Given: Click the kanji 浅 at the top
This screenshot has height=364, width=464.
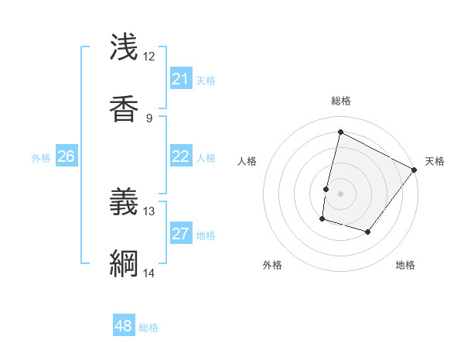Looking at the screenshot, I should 124,47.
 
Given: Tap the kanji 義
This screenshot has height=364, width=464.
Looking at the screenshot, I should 124,201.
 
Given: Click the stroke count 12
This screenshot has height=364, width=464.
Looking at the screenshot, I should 148,57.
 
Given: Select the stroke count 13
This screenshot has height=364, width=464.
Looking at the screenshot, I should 148,211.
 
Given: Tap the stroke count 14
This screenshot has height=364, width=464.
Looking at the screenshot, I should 148,273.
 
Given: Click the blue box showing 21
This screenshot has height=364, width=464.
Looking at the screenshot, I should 180,79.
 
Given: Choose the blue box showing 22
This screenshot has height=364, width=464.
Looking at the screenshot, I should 180,156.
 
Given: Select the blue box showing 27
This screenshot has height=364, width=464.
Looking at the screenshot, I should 180,234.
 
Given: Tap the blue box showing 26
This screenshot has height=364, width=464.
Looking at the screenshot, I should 66,156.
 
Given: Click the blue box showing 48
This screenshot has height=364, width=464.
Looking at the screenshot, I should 124,326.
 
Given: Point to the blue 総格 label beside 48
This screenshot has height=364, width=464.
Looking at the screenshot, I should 148,328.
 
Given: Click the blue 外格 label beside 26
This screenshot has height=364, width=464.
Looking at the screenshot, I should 41,158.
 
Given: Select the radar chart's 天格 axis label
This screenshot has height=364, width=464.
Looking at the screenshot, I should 435,161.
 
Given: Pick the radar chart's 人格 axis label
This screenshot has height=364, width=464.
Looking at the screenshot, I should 247,161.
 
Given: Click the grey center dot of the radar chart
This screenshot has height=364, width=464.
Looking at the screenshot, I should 340,194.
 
